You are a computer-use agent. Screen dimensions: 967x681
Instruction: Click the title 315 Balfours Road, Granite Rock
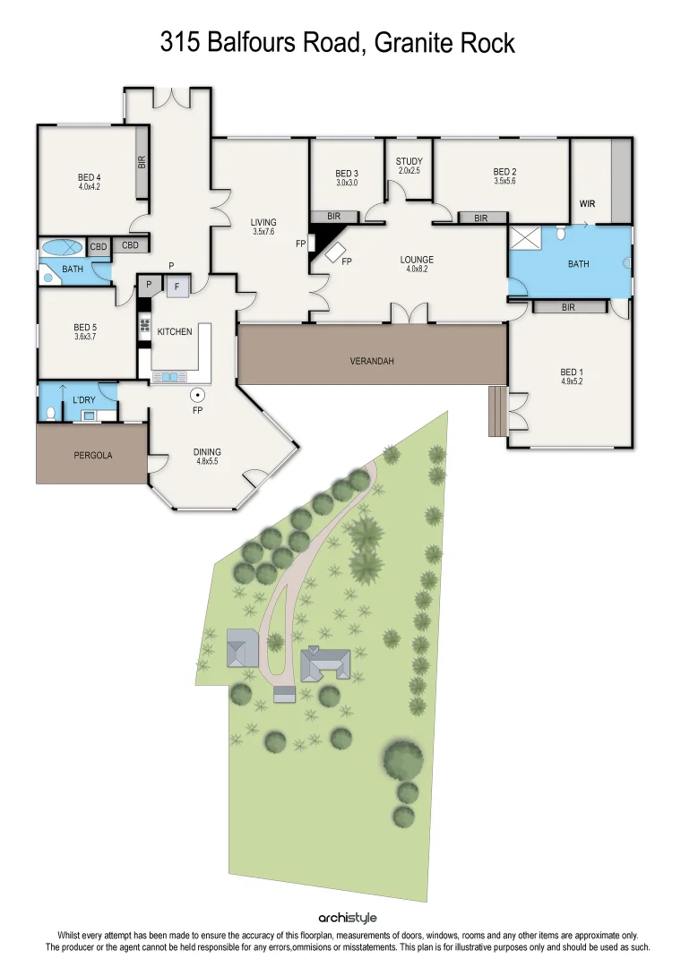pyautogui.click(x=339, y=41)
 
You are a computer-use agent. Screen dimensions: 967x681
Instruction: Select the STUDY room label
pyautogui.click(x=409, y=166)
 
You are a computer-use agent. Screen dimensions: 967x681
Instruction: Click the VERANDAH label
pyautogui.click(x=372, y=362)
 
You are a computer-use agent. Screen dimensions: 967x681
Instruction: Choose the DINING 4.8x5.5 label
pyautogui.click(x=206, y=457)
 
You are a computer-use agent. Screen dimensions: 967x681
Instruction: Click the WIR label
pyautogui.click(x=587, y=204)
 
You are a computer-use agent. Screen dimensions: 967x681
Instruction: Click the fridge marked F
pyautogui.click(x=177, y=287)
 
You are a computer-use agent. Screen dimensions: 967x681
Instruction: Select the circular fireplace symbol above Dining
pyautogui.click(x=198, y=395)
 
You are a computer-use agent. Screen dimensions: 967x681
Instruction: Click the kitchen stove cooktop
pyautogui.click(x=143, y=326)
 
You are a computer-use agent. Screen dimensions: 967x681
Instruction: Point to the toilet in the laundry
pyautogui.click(x=50, y=413)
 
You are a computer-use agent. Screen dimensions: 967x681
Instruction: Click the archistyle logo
pyautogui.click(x=347, y=918)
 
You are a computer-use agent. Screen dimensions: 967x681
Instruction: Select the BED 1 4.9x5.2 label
pyautogui.click(x=572, y=377)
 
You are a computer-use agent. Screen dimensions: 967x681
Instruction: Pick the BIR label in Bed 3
pyautogui.click(x=334, y=217)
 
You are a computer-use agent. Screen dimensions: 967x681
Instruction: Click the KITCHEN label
pyautogui.click(x=175, y=332)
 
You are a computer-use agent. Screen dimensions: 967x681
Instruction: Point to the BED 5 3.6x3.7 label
pyautogui.click(x=85, y=332)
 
